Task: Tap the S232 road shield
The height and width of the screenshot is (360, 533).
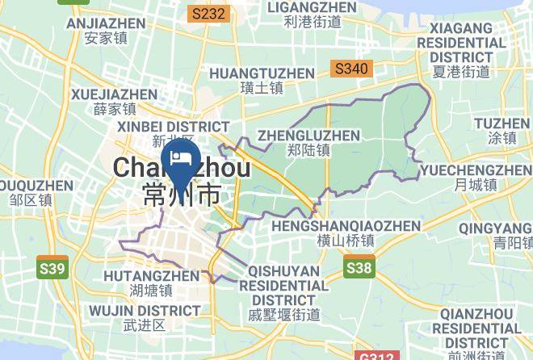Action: tap(209, 14)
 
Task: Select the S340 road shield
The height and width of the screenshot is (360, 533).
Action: tap(351, 69)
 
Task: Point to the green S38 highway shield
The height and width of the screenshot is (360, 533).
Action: tap(359, 267)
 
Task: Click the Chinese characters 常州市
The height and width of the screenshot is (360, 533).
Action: tap(181, 194)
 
